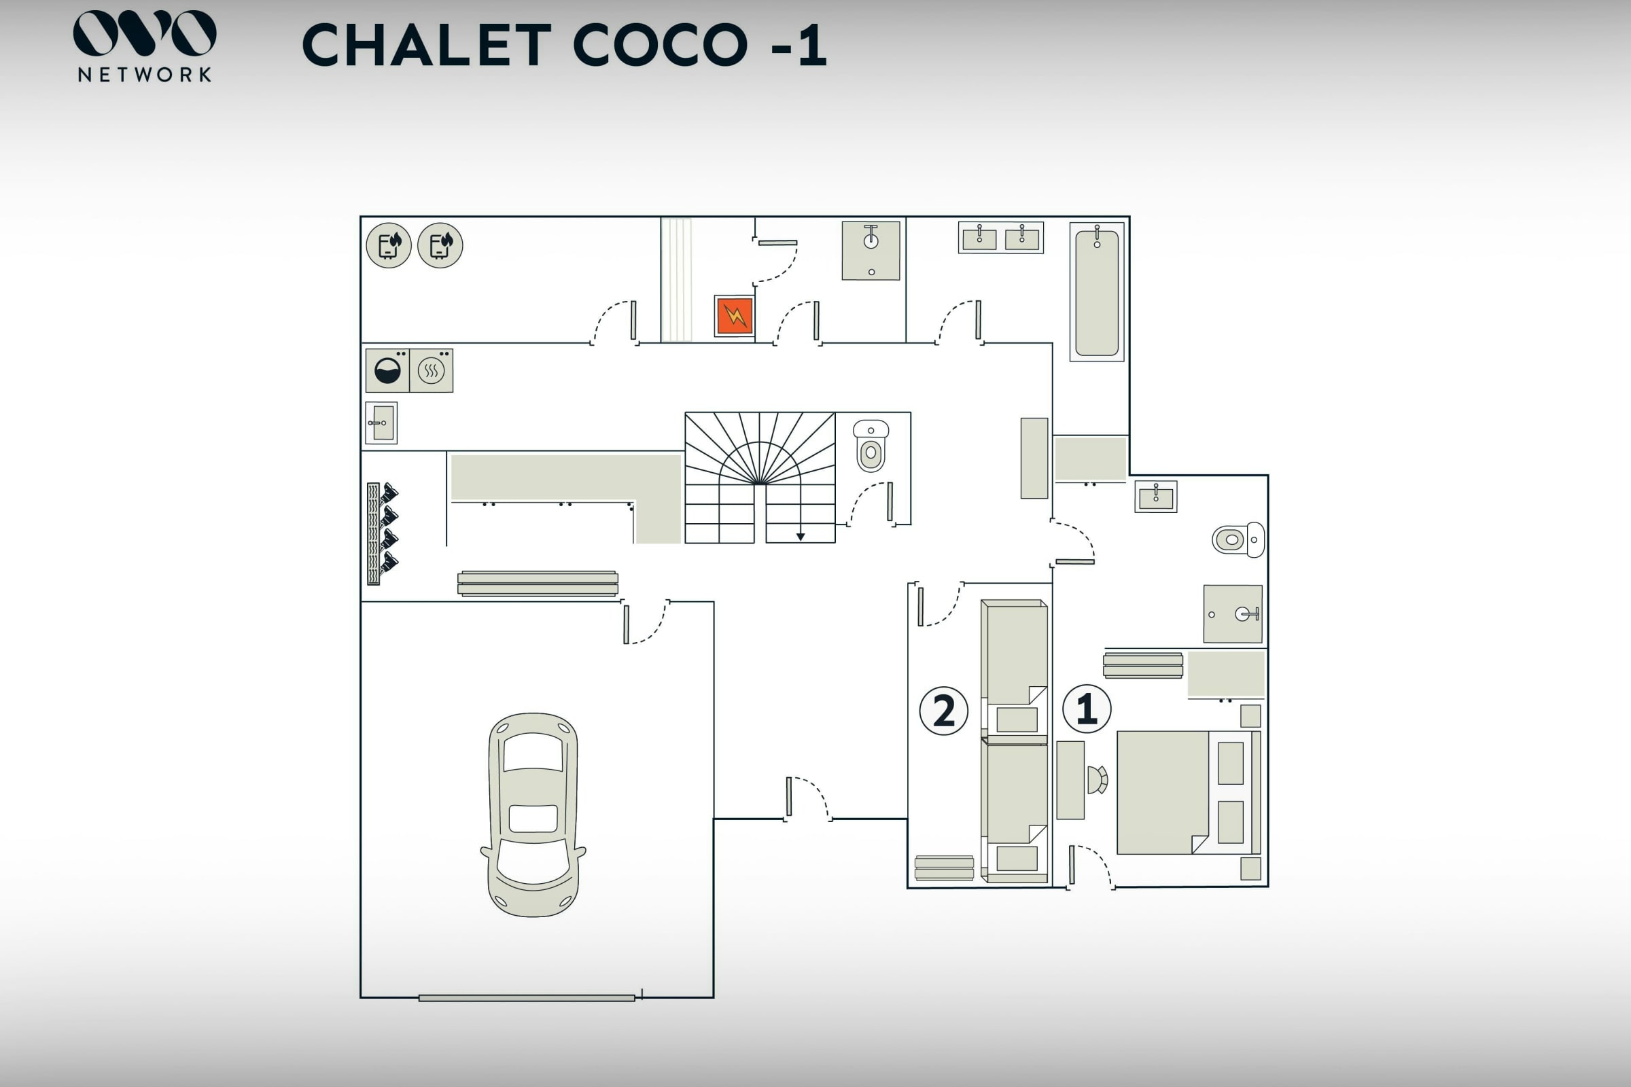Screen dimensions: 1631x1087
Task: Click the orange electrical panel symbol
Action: pyautogui.click(x=735, y=316)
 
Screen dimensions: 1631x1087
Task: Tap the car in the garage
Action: pyautogui.click(x=533, y=815)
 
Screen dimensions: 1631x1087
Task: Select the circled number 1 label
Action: pyautogui.click(x=1087, y=709)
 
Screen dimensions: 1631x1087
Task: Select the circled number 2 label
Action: pyautogui.click(x=944, y=711)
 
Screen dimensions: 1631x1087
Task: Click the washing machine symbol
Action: pyautogui.click(x=387, y=371)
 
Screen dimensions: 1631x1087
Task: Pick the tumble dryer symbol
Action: pyautogui.click(x=432, y=371)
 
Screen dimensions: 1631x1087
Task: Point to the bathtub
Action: pyautogui.click(x=1096, y=292)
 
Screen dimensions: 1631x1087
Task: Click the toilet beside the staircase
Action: pyautogui.click(x=871, y=446)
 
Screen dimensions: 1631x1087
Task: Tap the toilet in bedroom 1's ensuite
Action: pyautogui.click(x=1238, y=540)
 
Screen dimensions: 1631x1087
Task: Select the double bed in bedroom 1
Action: pyautogui.click(x=1189, y=792)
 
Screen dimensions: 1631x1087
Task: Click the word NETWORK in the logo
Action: pyautogui.click(x=144, y=75)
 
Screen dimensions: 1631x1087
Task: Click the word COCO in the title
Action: pyautogui.click(x=661, y=45)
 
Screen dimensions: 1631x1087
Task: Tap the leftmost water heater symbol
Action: pyautogui.click(x=388, y=245)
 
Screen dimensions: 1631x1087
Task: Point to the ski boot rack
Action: pyautogui.click(x=382, y=534)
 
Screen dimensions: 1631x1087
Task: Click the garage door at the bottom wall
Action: pyautogui.click(x=527, y=998)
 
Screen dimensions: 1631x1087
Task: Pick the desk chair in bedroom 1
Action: pyautogui.click(x=1097, y=780)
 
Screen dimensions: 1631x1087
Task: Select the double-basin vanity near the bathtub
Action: pyautogui.click(x=1000, y=238)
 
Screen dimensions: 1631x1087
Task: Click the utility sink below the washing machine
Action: pyautogui.click(x=381, y=423)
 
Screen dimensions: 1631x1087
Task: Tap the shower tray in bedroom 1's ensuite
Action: pyautogui.click(x=1233, y=614)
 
